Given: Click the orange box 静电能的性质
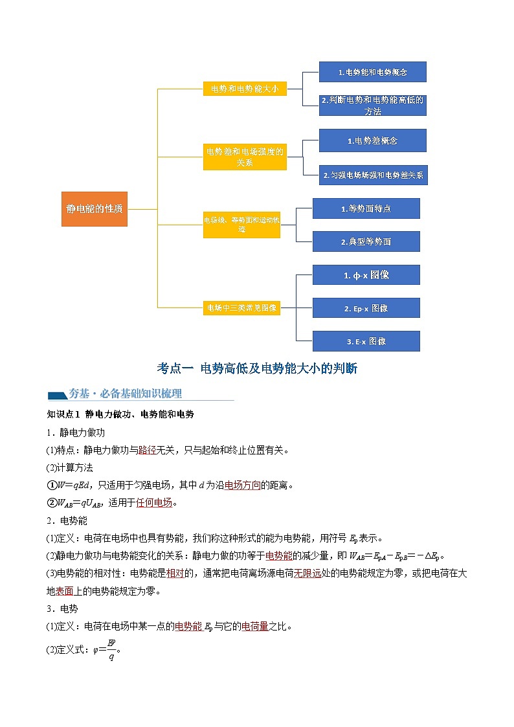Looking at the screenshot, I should pyautogui.click(x=95, y=208).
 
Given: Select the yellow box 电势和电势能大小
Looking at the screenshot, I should pyautogui.click(x=245, y=89).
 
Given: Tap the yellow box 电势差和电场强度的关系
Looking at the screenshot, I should pyautogui.click(x=245, y=157).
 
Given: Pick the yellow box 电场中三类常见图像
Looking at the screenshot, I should pyautogui.click(x=241, y=308).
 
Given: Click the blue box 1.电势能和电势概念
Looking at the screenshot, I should pyautogui.click(x=372, y=72).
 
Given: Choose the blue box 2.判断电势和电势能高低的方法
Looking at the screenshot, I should pyautogui.click(x=372, y=106).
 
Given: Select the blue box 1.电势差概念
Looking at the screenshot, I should pyautogui.click(x=372, y=140).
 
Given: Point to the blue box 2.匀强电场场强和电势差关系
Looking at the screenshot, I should pyautogui.click(x=372, y=175).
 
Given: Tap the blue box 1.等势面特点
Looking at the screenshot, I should pyautogui.click(x=366, y=208).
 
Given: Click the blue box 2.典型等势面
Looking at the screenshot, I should pyautogui.click(x=366, y=241).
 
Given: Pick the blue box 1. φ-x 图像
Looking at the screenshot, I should pyautogui.click(x=366, y=275).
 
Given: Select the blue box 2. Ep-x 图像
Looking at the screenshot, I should pyautogui.click(x=366, y=308).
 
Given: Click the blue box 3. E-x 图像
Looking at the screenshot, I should pyautogui.click(x=366, y=341).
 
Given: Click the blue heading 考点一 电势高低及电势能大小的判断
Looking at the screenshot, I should pyautogui.click(x=257, y=368).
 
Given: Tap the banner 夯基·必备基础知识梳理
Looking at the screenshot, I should pyautogui.click(x=124, y=394).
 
